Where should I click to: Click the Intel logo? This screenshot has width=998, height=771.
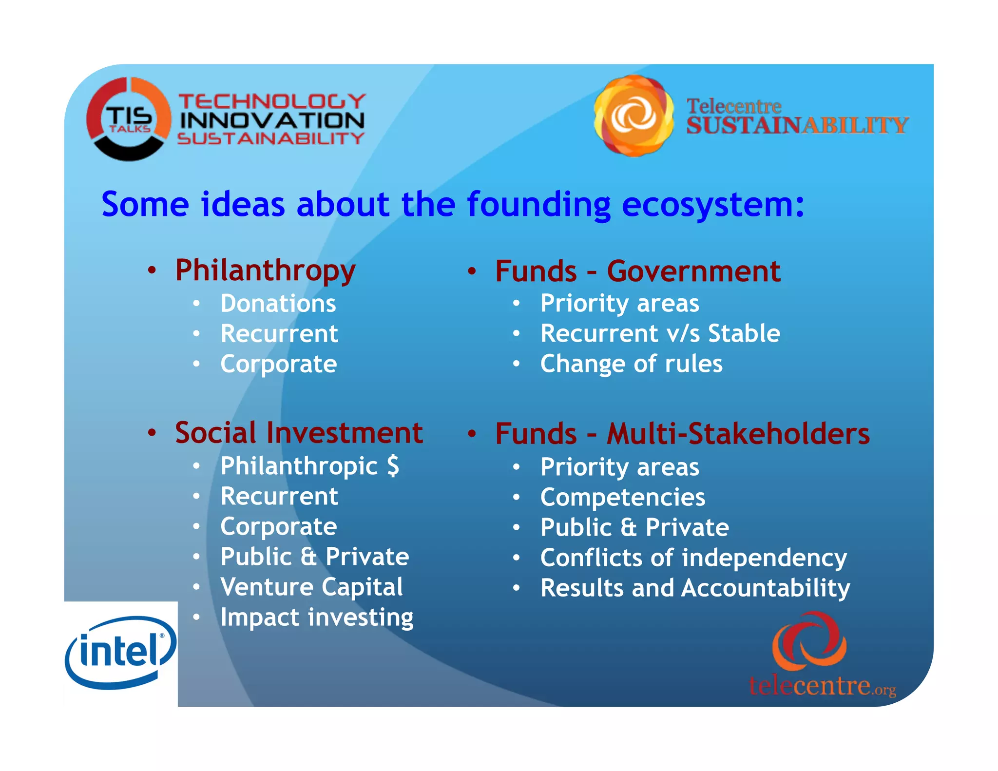tap(120, 653)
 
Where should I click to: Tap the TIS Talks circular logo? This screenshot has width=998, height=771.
tap(129, 119)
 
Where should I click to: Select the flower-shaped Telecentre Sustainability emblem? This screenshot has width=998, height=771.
tap(633, 116)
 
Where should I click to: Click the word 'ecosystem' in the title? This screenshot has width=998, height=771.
tap(713, 204)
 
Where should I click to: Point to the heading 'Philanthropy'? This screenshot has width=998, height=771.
tap(265, 270)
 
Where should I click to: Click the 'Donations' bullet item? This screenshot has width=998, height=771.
tap(278, 304)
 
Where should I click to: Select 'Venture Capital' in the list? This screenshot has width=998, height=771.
tap(311, 587)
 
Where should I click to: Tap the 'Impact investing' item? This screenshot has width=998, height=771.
tap(317, 617)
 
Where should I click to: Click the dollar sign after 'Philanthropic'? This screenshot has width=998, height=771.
tap(393, 466)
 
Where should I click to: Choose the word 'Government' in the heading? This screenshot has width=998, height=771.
tap(693, 271)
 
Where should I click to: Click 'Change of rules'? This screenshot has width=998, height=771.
tap(631, 364)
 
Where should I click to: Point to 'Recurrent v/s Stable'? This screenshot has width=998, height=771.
tap(660, 334)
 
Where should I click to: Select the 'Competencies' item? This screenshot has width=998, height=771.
tap(622, 498)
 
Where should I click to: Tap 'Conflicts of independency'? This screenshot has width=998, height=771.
tap(693, 558)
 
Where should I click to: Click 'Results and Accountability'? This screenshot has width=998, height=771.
tap(695, 588)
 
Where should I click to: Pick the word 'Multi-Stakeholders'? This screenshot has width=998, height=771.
tap(738, 434)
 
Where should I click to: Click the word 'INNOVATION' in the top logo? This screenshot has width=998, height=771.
tap(272, 120)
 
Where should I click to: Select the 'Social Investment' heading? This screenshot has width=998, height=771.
tap(299, 433)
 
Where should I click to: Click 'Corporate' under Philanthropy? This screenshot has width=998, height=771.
tap(278, 364)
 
